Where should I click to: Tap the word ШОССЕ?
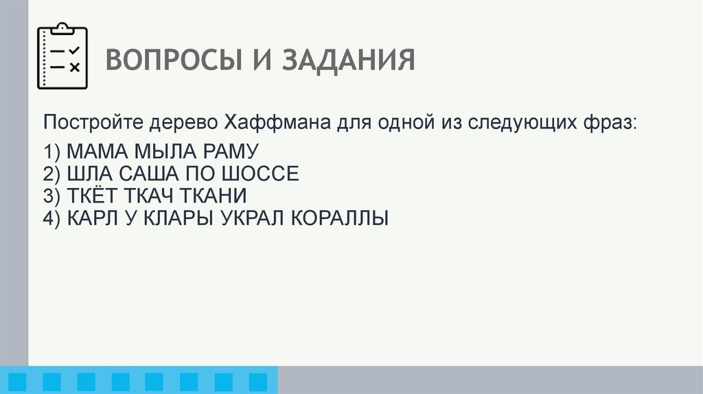click(x=266, y=174)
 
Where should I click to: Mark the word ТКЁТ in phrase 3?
click(x=92, y=196)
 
